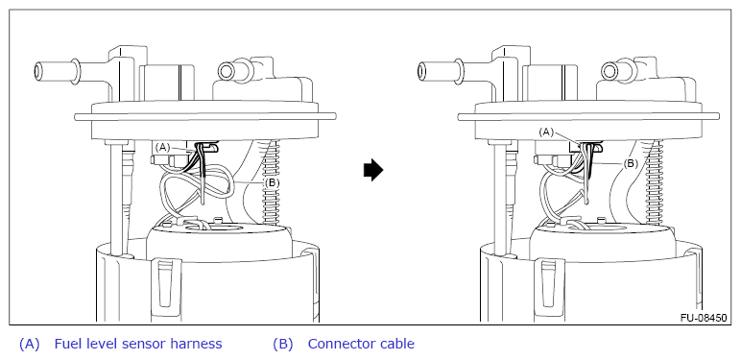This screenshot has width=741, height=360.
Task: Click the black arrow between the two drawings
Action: (373, 170)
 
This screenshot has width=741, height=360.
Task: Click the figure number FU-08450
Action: (704, 318)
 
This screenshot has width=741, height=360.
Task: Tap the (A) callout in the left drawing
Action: (162, 148)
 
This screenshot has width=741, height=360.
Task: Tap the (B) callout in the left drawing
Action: (271, 182)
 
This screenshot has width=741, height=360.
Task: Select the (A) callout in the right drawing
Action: (546, 132)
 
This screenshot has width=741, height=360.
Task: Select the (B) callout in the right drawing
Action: (631, 164)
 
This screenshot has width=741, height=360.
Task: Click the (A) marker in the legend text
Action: (30, 344)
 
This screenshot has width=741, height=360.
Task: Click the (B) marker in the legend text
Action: (282, 344)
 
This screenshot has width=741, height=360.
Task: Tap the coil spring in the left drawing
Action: (272, 181)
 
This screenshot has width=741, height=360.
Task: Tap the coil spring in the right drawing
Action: (656, 181)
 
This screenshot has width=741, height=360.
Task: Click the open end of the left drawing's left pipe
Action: (38, 72)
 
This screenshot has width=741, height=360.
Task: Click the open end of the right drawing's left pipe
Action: (422, 72)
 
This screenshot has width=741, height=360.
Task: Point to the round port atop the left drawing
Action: (227, 71)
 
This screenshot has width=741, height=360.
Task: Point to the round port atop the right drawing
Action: (610, 71)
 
